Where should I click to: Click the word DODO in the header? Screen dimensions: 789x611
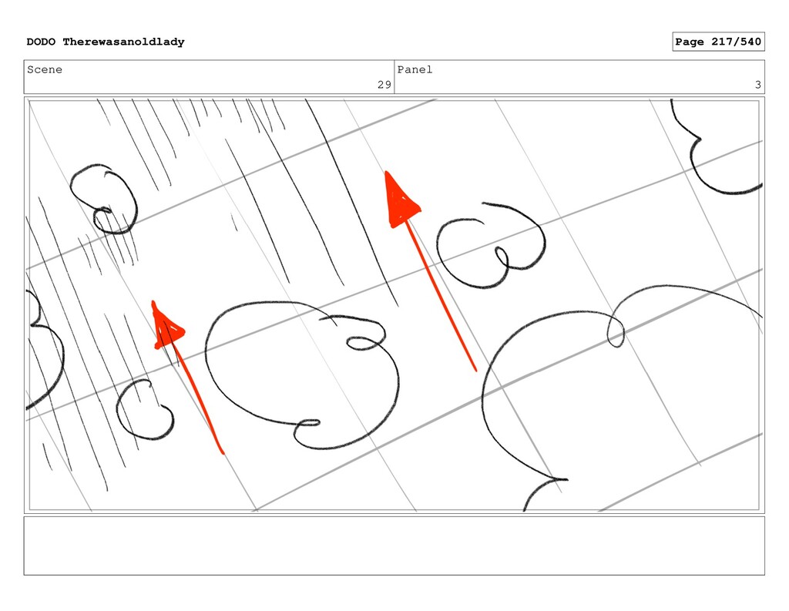(x=41, y=42)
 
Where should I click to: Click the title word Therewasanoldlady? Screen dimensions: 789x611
(x=124, y=42)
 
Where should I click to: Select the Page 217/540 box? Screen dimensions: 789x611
(x=718, y=42)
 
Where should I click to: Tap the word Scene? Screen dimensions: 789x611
(x=45, y=69)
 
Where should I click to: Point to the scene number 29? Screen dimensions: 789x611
(x=384, y=85)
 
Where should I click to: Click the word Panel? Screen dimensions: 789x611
(x=415, y=69)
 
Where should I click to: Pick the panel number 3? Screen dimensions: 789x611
(x=758, y=85)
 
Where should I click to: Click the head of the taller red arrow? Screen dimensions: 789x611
(x=401, y=201)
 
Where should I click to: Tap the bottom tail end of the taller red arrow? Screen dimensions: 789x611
(x=475, y=371)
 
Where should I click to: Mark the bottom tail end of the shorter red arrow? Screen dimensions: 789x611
(x=222, y=453)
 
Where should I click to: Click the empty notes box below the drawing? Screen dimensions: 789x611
(x=394, y=546)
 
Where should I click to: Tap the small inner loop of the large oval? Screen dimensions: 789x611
(x=364, y=343)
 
